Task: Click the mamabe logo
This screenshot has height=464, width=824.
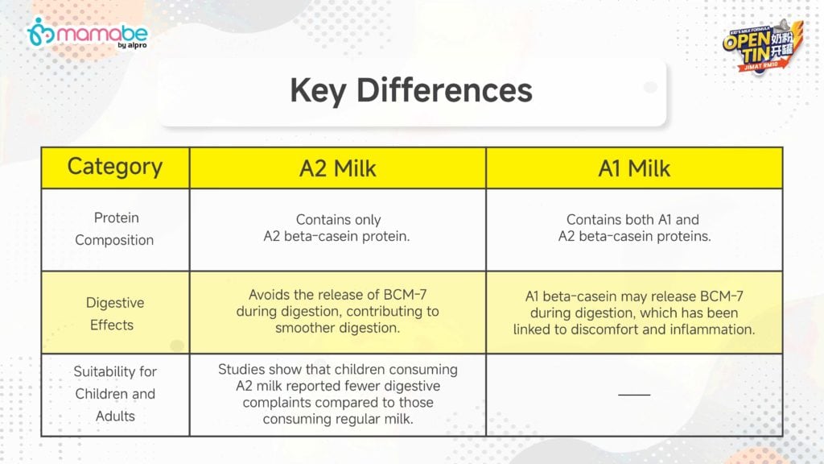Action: coord(87,34)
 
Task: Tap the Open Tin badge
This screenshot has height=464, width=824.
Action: coord(763,46)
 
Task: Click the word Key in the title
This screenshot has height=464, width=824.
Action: coord(318,90)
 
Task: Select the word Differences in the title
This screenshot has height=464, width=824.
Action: coord(444,90)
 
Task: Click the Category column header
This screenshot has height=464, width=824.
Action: coord(115,168)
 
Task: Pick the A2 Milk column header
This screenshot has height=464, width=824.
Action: coord(338,169)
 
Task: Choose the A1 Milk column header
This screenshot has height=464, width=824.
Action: coord(634,169)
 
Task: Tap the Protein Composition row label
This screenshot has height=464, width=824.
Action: coord(115,229)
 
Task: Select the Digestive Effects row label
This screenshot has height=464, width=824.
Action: coord(114,313)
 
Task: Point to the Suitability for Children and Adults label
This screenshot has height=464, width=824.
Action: coord(115,393)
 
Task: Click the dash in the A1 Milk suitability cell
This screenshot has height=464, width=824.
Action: coord(634,394)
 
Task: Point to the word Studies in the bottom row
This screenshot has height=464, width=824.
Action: coord(240,369)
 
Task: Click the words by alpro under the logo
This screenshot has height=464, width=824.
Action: coord(133,45)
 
